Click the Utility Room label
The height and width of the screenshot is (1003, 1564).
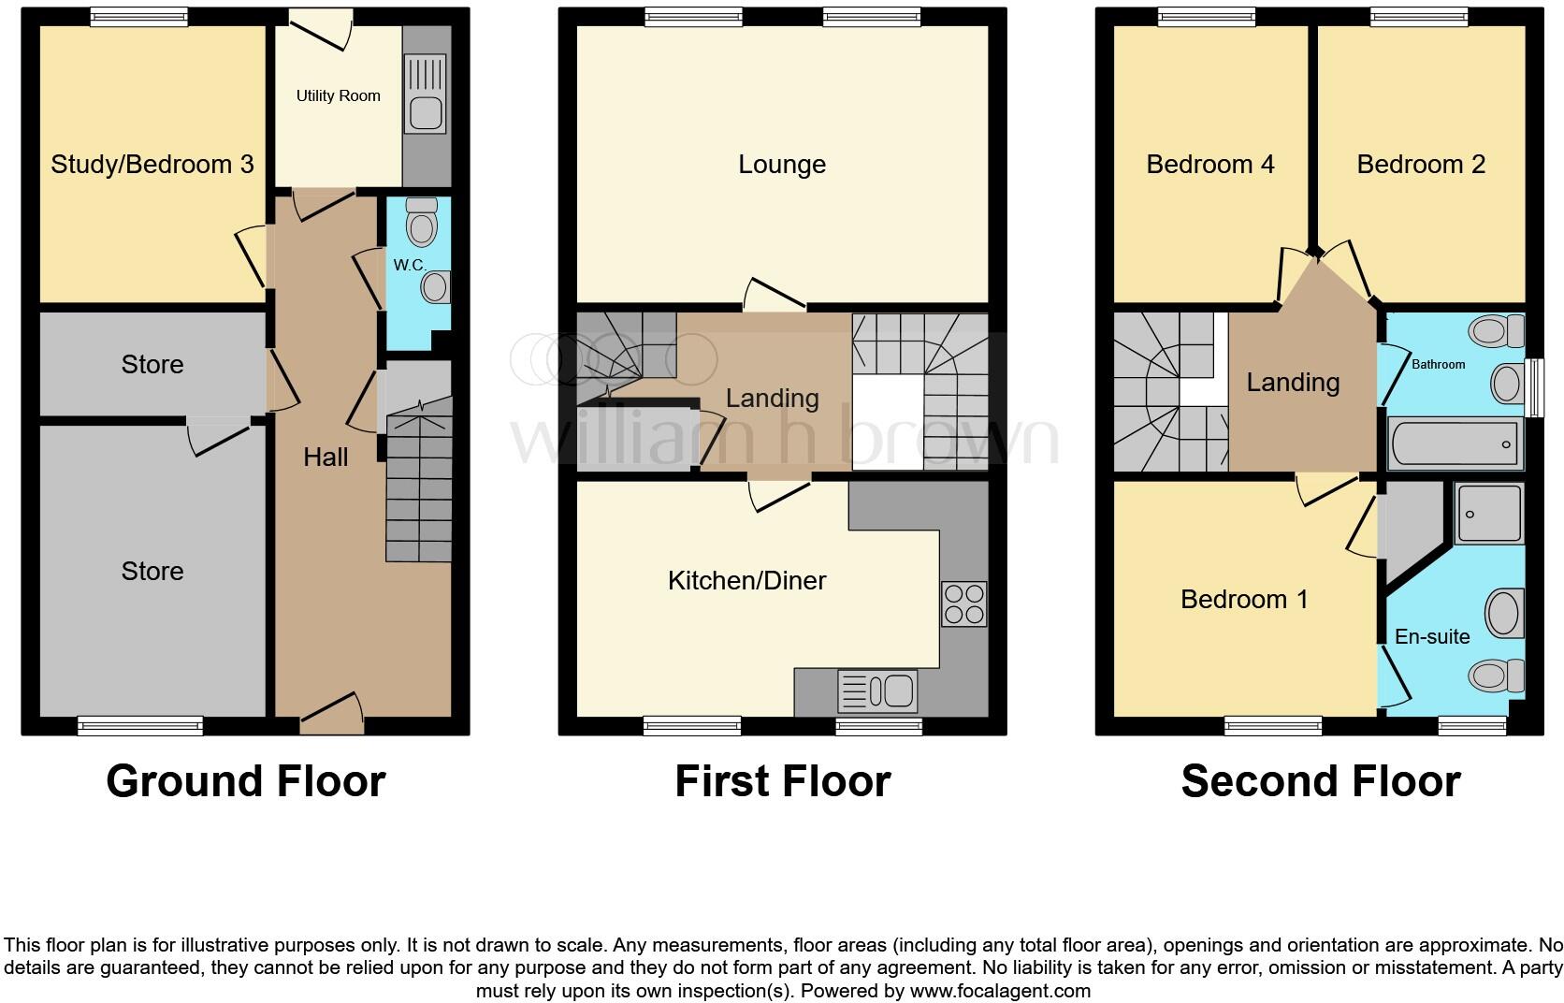[x=338, y=95]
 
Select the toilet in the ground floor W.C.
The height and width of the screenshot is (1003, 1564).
[x=423, y=223]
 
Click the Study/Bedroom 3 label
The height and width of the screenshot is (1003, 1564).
[x=152, y=164]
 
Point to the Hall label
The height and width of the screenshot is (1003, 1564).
[x=326, y=457]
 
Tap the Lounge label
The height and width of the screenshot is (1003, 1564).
[x=782, y=165]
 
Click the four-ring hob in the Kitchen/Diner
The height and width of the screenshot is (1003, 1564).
[x=963, y=603]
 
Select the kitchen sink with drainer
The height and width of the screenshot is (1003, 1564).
[x=877, y=691]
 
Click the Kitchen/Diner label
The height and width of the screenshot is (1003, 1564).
[x=746, y=580]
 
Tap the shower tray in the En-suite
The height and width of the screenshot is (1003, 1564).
[x=1489, y=514]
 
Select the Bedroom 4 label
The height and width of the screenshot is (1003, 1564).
[x=1209, y=165]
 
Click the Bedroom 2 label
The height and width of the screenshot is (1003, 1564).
[x=1420, y=165]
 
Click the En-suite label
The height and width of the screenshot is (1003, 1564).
[x=1432, y=636]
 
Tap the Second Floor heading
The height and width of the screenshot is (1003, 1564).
[x=1320, y=781]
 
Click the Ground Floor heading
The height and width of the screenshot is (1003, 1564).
[x=245, y=781]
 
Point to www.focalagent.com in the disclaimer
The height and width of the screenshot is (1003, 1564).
[x=1000, y=990]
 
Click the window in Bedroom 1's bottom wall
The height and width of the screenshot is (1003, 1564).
[x=1273, y=725]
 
